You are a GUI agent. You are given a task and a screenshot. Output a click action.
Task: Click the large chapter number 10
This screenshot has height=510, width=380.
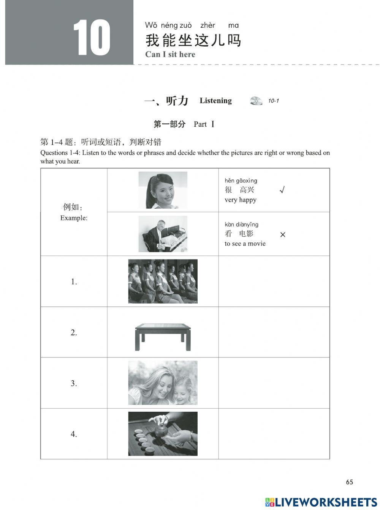(92, 38)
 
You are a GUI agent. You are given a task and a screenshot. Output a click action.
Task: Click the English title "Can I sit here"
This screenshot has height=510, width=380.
(170, 54)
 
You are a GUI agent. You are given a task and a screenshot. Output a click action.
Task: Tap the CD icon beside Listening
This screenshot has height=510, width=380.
(256, 101)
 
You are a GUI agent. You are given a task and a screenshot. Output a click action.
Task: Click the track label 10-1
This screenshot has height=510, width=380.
(273, 101)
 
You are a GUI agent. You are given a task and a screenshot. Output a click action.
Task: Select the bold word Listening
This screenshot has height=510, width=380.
(215, 101)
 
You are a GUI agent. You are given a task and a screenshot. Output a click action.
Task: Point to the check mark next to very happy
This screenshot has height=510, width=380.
(282, 190)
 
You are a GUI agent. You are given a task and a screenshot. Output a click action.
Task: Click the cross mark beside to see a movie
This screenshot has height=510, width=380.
(282, 235)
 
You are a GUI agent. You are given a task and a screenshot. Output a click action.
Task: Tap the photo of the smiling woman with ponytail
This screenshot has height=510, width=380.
(163, 190)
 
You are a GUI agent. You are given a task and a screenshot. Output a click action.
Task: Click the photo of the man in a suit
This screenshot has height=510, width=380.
(163, 234)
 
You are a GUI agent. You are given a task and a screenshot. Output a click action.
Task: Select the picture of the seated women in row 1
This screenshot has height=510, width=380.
(163, 281)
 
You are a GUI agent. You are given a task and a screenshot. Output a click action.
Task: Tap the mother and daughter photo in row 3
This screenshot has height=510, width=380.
(163, 383)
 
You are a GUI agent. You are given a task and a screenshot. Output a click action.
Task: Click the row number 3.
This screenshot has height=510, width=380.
(74, 383)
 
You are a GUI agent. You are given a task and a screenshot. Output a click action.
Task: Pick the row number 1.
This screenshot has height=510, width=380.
(74, 282)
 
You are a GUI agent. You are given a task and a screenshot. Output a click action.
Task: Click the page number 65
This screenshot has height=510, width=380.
(349, 482)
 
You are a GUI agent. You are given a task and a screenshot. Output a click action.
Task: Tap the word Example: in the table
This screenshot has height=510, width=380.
(74, 218)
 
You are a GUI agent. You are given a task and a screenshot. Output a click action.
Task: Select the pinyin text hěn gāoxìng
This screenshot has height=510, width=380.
(241, 181)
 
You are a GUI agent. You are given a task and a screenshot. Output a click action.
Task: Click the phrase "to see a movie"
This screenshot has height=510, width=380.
(245, 244)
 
